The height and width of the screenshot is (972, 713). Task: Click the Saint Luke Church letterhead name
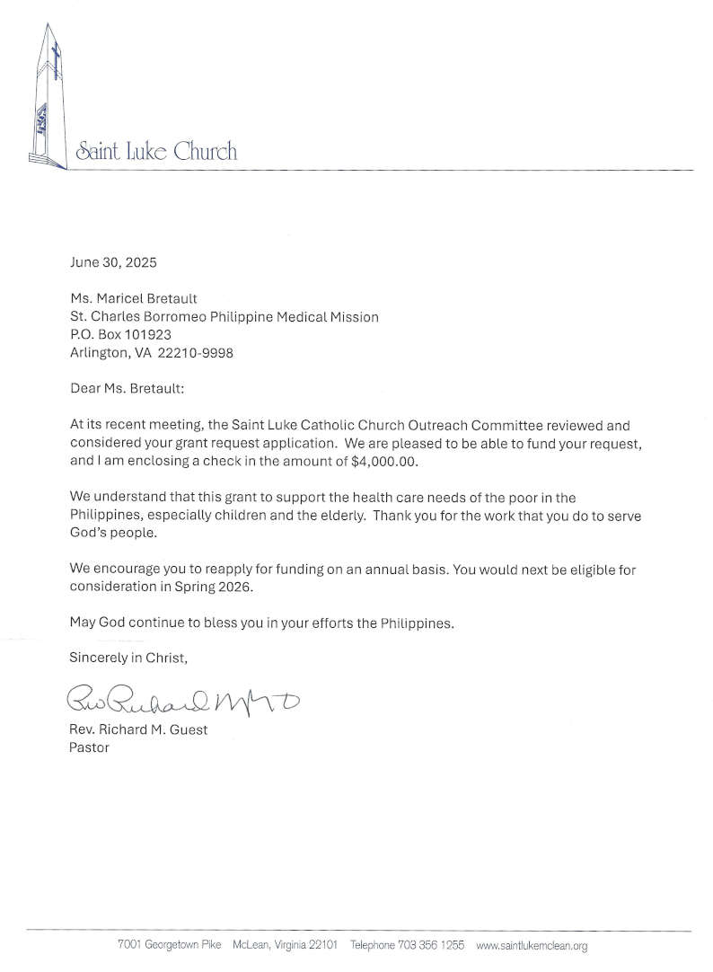156,151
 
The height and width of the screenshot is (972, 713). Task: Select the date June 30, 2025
113,263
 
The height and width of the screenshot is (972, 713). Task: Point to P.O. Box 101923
120,335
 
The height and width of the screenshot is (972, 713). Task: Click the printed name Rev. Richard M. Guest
138,729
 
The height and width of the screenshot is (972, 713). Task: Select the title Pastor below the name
89,747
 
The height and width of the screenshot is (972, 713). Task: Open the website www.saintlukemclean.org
531,946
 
